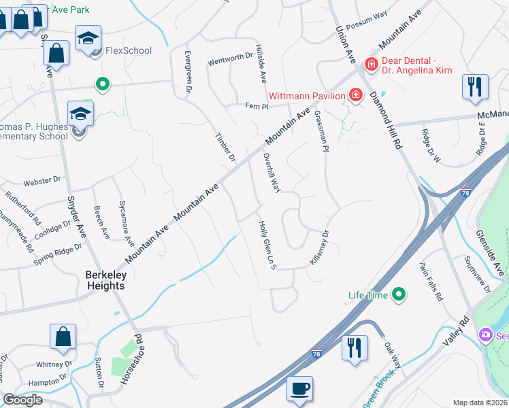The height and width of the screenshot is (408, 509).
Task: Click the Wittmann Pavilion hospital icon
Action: pyautogui.click(x=355, y=95)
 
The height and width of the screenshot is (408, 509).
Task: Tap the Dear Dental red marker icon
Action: pyautogui.click(x=371, y=65)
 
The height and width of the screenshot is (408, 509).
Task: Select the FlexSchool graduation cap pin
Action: pyautogui.click(x=88, y=40)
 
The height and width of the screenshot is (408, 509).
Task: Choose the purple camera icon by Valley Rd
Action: pyautogui.click(x=485, y=335)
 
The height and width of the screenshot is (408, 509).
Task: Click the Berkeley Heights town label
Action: pyautogui.click(x=105, y=280)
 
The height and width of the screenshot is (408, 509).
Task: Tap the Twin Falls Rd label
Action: pyautogui.click(x=431, y=282)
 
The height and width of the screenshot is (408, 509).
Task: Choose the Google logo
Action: pyautogui.click(x=22, y=400)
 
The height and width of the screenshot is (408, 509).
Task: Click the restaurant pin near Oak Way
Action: pyautogui.click(x=354, y=349)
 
